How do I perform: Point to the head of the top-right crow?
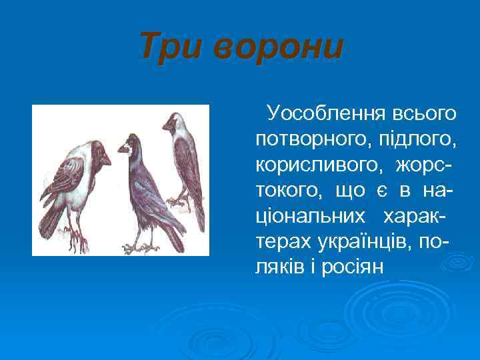click(177, 121)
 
